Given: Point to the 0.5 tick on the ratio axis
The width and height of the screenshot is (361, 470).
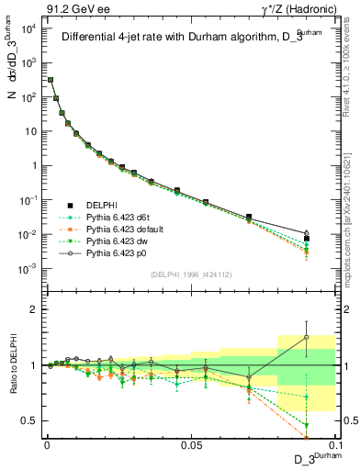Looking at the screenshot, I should point(29,421).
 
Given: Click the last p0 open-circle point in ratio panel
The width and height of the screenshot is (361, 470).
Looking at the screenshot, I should point(306,338).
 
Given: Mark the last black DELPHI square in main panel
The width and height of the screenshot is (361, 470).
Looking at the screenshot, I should point(306,239).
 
